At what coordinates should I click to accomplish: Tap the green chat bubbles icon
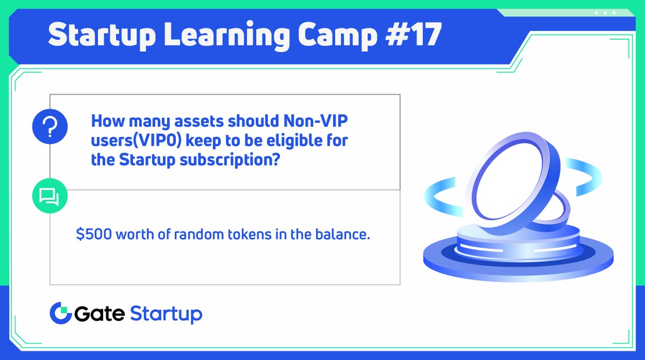click(x=49, y=197)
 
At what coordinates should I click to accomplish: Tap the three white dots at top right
click(x=605, y=12)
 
